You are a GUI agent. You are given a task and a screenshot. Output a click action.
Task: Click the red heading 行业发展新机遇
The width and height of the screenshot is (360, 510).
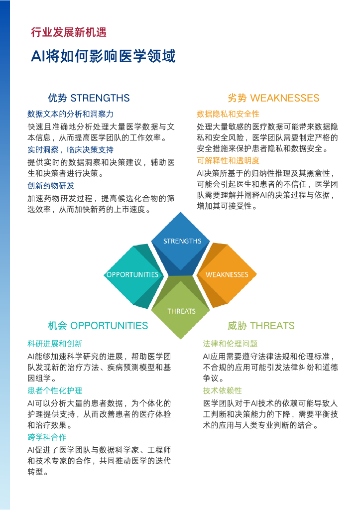coord(69,33)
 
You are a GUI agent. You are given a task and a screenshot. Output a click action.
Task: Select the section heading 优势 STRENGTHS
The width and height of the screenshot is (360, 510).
coord(89,98)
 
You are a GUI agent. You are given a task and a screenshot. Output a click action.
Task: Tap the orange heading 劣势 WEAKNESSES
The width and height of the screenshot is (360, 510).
coord(273,98)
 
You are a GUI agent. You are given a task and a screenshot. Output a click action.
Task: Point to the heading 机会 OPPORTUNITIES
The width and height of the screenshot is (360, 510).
coord(98,326)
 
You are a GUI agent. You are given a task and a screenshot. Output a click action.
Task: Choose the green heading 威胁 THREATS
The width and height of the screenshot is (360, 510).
coord(261,326)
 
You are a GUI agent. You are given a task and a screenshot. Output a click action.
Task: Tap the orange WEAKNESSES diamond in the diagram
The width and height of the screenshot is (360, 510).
coord(227,274)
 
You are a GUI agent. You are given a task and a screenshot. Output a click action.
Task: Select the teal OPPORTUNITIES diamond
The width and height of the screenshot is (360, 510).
coord(132,274)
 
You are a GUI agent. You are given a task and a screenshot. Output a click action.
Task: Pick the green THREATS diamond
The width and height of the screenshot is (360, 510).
coord(181,311)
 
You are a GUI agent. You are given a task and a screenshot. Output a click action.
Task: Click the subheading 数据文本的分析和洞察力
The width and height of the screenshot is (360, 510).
coord(70,114)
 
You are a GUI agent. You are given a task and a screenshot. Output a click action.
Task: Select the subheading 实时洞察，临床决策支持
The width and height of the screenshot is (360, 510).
coord(70,149)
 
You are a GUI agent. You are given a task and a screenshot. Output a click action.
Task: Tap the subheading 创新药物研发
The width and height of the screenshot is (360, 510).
coord(51,185)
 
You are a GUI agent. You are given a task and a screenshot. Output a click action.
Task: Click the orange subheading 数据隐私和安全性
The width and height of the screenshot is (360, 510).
coord(228,114)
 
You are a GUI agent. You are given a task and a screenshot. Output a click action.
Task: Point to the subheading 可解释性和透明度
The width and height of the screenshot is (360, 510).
coord(228,160)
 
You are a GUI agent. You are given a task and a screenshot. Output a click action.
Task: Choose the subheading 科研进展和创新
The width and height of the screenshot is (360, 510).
coord(55,344)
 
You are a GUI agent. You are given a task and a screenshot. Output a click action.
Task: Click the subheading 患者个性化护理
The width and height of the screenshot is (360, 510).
coord(55,390)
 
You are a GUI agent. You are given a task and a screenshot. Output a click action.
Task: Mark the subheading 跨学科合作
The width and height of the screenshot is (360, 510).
coord(47,437)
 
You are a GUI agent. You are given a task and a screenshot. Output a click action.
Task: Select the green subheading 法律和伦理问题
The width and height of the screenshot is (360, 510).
coord(230,344)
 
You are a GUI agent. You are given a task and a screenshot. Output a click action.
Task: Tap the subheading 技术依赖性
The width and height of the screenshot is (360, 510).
coord(222,390)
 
